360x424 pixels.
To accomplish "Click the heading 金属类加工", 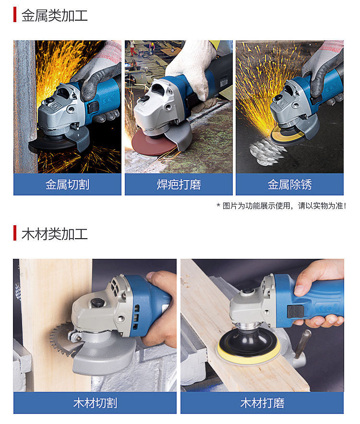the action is [x=55, y=15].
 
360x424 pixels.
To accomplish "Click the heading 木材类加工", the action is [x=55, y=234].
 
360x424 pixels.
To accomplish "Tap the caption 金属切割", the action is [x=67, y=185].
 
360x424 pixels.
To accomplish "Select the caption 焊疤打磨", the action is [x=179, y=185].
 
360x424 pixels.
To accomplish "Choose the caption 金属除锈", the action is [x=289, y=185].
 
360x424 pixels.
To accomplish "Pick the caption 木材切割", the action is [x=95, y=403].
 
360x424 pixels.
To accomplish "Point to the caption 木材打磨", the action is [x=262, y=403].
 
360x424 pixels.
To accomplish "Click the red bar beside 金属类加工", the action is [x=15, y=14].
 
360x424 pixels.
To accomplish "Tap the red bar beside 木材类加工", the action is [x=15, y=233].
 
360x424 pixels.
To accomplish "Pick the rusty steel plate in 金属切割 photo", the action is [x=25, y=107].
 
